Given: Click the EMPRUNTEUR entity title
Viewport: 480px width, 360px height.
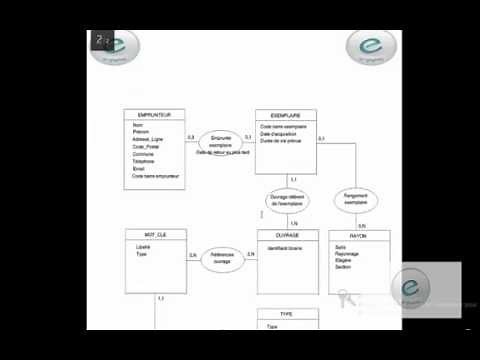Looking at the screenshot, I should click(153, 115).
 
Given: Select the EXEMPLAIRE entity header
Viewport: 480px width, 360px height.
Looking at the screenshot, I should click(286, 115).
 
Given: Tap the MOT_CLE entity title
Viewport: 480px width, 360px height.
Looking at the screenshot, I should click(153, 234).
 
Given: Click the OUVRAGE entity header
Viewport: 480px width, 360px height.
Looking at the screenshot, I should click(286, 234).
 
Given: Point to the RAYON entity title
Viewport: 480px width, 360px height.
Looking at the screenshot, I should click(359, 234).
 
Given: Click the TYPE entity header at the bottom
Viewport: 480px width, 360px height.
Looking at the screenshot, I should click(286, 313).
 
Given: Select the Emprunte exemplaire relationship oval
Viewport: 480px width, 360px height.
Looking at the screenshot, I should click(221, 141).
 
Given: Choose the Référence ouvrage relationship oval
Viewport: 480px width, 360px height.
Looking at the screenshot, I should click(221, 257).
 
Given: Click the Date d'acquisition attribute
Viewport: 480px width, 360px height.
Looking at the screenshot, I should click(280, 133).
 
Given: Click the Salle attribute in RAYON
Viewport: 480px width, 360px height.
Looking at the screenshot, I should click(341, 245).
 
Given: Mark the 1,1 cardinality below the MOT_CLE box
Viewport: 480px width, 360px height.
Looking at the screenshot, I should click(161, 299).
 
